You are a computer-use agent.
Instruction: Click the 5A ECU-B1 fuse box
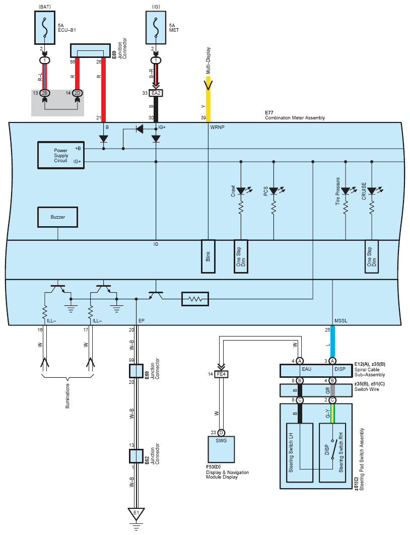pos(45,28)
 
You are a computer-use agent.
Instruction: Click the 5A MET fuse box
pos(156,28)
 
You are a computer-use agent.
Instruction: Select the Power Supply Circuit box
pos(61,155)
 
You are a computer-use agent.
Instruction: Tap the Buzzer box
pos(57,217)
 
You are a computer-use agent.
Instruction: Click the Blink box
pos(208,256)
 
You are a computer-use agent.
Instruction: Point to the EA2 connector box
pos(156,93)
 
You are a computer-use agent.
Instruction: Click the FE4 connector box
pos(221,374)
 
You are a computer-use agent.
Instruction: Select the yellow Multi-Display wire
pos(208,100)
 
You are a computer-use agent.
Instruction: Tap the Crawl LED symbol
pos(241,191)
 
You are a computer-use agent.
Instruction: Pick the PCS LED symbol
pos(274,191)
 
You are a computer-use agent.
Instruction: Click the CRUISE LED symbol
pos(372,191)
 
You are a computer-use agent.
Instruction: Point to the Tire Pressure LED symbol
pos(346,191)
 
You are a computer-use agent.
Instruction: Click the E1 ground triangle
pos(136,513)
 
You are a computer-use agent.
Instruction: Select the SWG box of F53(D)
pos(221,449)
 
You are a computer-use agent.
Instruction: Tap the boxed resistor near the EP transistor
pos(195,299)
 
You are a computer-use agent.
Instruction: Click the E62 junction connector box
pos(136,456)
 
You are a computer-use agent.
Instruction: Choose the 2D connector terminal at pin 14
pos(78,93)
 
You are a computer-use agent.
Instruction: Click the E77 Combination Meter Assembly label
pos(295,115)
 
